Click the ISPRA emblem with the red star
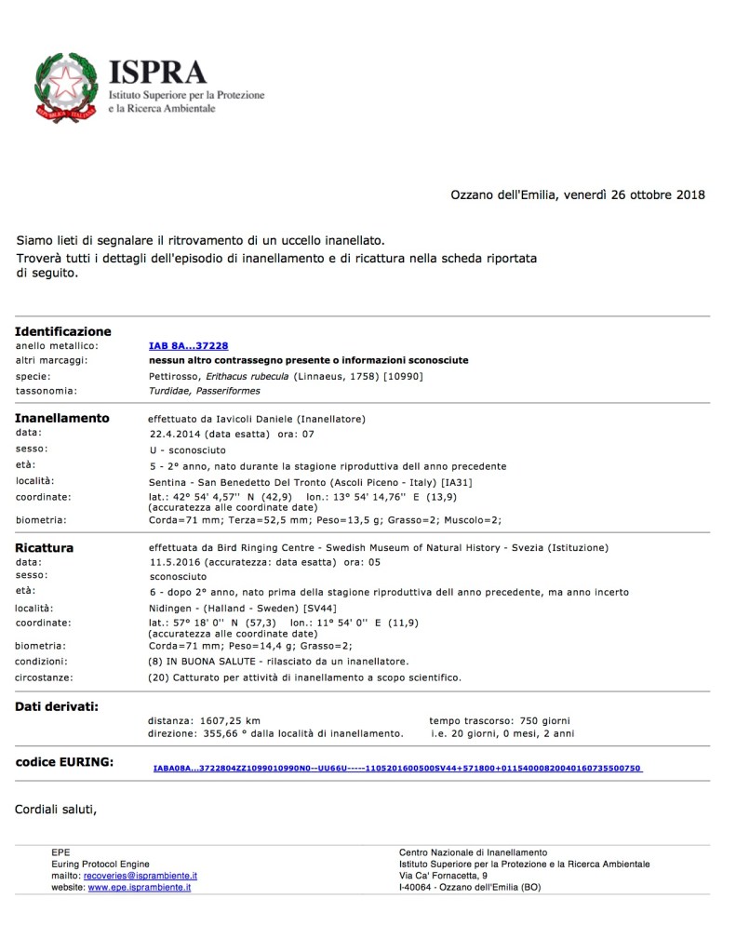[67, 89]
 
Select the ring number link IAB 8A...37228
[188, 345]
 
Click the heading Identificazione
[62, 331]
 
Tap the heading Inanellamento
[61, 418]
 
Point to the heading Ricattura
[45, 548]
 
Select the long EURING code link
[397, 769]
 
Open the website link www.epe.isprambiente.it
[139, 888]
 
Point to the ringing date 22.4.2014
[175, 433]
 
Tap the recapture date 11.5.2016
[175, 562]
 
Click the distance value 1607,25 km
[232, 720]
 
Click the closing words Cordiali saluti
[56, 809]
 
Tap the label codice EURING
[64, 762]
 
